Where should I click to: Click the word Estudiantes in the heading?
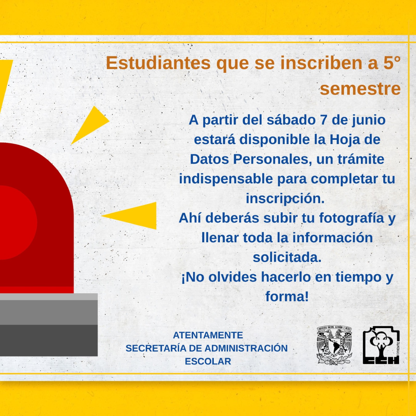[158, 63]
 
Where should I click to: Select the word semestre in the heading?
[360, 89]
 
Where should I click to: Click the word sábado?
[291, 120]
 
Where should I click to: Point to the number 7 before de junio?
[324, 120]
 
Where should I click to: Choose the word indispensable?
[226, 179]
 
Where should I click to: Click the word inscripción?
[285, 199]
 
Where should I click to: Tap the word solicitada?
[287, 257]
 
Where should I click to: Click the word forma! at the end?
[287, 296]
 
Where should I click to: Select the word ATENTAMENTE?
[208, 335]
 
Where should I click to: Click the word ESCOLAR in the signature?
[208, 361]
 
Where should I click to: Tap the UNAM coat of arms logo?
[335, 345]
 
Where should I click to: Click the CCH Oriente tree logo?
[381, 345]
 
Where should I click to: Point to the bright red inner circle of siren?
[16, 222]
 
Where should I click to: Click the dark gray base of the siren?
[49, 341]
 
